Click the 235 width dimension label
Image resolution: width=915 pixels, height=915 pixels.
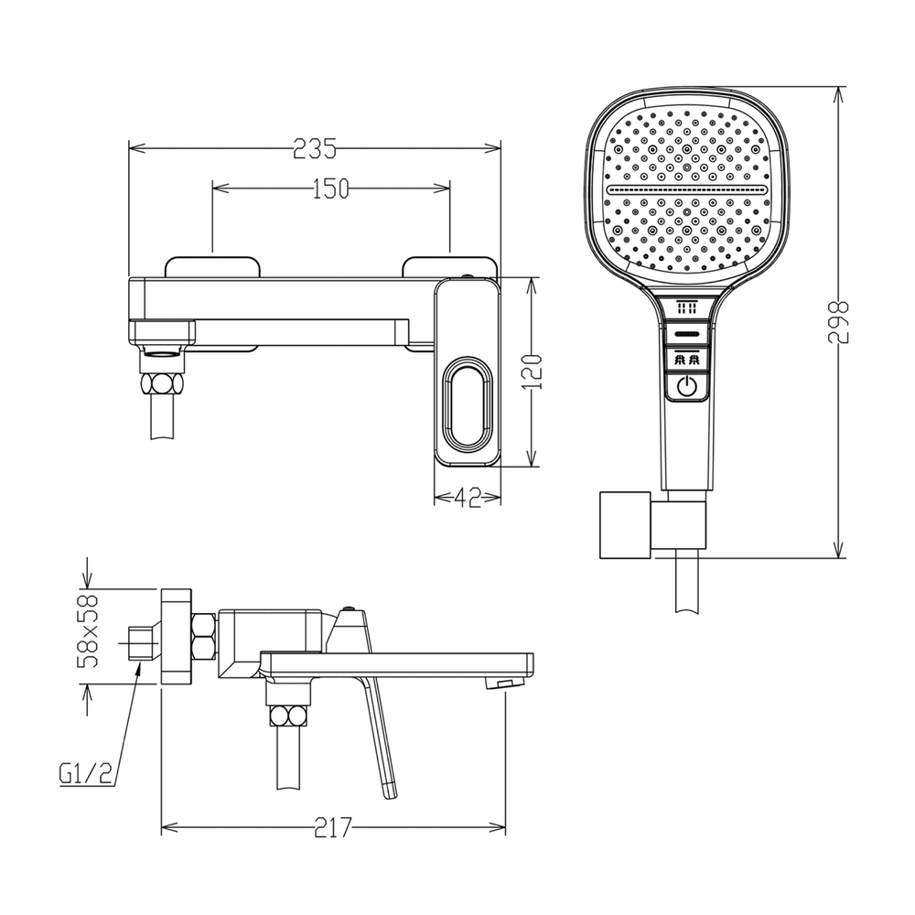314,148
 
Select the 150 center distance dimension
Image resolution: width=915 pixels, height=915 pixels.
330,188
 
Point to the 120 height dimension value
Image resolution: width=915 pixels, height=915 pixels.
533,371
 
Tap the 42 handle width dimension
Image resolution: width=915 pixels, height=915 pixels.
467,498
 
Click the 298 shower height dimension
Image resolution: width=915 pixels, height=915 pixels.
838,322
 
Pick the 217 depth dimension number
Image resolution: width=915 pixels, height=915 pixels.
333,827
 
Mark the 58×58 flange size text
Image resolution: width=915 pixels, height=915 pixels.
88,630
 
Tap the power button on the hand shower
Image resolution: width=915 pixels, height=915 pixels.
687,386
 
